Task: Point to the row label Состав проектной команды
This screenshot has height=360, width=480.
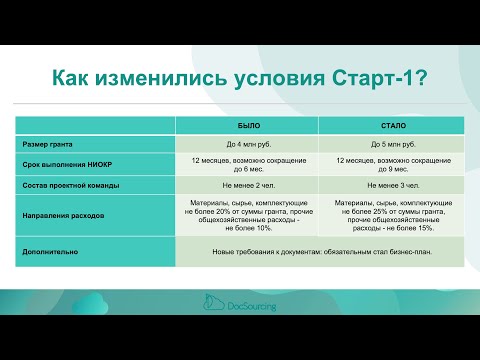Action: pos(72,187)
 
